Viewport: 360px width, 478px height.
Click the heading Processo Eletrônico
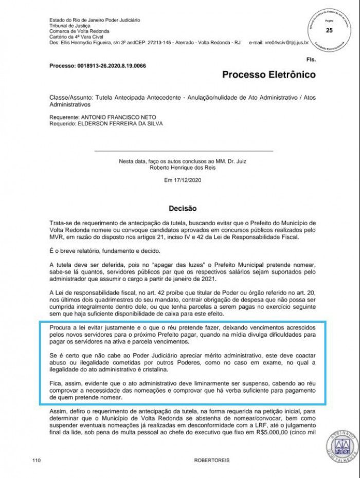(268, 75)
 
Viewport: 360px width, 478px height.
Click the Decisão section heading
(183, 209)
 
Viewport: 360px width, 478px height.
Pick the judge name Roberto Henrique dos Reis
(184, 168)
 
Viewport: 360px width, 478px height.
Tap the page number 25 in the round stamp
(329, 31)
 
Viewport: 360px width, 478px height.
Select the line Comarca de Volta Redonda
(76, 31)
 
